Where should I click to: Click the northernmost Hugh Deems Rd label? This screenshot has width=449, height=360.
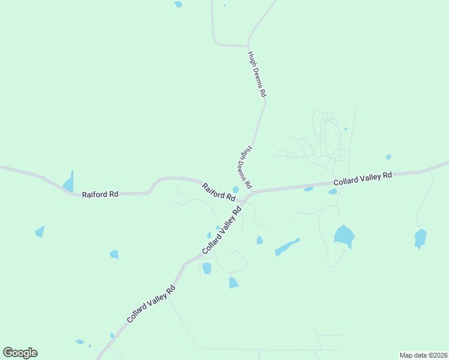(256, 74)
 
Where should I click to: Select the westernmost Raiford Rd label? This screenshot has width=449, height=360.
(100, 194)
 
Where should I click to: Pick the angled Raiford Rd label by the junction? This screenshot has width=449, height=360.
(218, 192)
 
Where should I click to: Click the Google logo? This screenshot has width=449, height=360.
(20, 353)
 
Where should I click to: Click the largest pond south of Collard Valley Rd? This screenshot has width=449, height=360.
(344, 236)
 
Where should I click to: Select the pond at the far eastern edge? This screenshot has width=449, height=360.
(420, 238)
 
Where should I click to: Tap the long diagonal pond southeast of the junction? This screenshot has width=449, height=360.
(286, 247)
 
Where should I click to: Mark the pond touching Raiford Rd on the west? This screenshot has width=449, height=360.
(68, 182)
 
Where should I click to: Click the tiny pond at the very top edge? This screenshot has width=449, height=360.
(178, 4)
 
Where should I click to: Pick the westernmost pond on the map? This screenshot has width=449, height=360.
(40, 231)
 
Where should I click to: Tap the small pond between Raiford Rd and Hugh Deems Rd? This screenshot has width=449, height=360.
(235, 190)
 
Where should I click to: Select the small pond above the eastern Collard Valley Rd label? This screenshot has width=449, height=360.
(389, 157)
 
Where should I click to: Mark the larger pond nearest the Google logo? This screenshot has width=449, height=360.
(80, 342)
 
